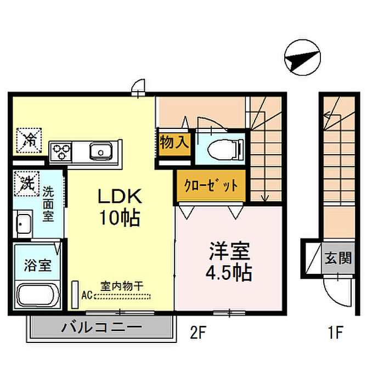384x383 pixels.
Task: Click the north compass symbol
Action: coord(302,58)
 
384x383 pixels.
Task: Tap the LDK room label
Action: coord(120,196)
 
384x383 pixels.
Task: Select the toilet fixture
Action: coord(225,149)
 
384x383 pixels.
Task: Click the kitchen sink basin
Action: coord(100,151)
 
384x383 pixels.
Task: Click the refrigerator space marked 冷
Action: coord(29,140)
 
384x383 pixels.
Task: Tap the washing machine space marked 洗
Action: coord(27,183)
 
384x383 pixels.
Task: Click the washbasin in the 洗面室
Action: coord(24,224)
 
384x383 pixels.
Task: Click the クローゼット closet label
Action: coord(211,185)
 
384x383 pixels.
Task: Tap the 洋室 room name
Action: coord(229,251)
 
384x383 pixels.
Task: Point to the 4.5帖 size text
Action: coord(229,272)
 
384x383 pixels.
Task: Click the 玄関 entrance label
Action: coord(338,257)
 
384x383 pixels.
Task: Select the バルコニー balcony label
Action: coord(101,327)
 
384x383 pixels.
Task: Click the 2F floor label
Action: coord(199,333)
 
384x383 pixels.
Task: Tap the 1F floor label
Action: coord(336,333)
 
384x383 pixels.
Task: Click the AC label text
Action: coord(87,295)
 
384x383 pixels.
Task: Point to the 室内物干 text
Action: coord(122,286)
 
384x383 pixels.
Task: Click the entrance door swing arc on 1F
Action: coord(331,297)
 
